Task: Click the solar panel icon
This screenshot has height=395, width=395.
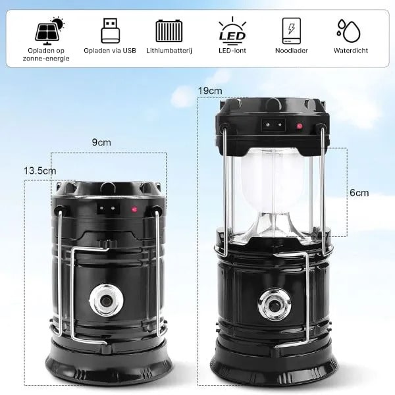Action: (49, 30)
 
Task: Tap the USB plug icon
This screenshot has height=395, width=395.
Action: (110, 30)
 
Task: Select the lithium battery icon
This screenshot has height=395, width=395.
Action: (169, 30)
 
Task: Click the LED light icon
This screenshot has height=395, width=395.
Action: (232, 30)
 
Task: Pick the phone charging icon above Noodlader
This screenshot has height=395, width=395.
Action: (291, 31)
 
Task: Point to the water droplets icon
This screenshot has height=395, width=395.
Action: (349, 31)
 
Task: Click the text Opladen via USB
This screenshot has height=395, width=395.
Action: (110, 51)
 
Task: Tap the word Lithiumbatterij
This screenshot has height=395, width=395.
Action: (169, 51)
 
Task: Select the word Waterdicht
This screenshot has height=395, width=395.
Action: (351, 51)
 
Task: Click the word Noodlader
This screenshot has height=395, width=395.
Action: (292, 51)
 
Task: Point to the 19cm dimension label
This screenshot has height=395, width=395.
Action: (210, 91)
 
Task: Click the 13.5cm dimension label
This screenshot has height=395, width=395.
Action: (39, 171)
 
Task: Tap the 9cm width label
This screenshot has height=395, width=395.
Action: (101, 142)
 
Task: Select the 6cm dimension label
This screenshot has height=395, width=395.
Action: (359, 193)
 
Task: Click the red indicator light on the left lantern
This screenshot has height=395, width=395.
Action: (134, 209)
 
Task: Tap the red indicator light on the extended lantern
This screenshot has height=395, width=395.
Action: (299, 126)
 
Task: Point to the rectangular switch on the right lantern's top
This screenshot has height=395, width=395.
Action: (274, 125)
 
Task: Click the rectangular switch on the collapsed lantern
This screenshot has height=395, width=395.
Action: (108, 208)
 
